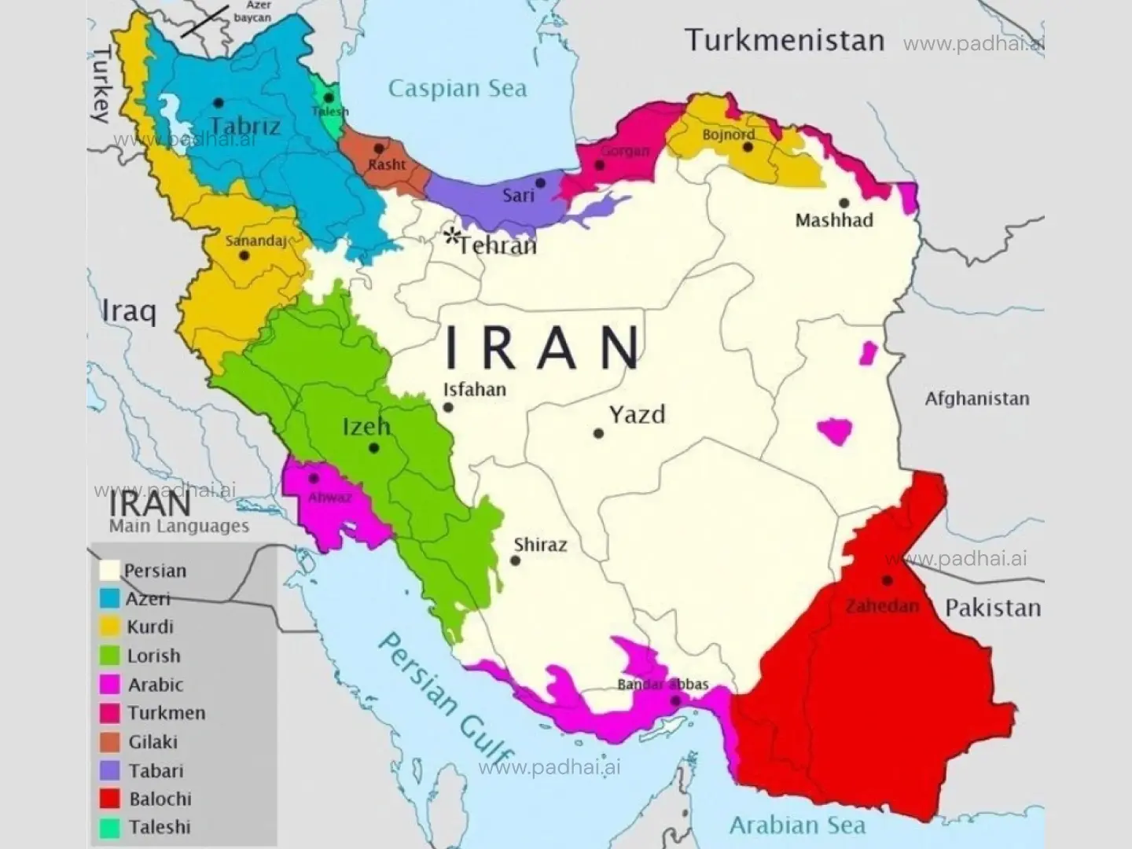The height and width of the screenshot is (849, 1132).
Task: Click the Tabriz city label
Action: coord(244,126)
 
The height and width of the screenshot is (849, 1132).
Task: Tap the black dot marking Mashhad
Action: coord(843,203)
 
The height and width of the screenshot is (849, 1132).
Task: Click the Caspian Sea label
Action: coord(458,88)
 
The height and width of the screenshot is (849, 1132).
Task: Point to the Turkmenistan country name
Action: coord(785,39)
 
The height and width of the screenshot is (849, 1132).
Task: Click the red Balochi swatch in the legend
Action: coord(110,799)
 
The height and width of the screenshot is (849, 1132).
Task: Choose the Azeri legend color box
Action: coord(110,598)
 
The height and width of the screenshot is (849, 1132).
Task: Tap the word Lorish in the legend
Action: coord(154,656)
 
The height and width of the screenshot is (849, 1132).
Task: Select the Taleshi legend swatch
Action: coord(110,827)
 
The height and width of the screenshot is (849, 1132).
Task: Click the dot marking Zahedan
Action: coord(887,580)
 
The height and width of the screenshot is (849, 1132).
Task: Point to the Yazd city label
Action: coord(637,414)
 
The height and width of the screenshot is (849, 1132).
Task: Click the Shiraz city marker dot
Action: coord(515,560)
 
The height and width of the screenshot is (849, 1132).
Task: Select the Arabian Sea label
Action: coord(797,825)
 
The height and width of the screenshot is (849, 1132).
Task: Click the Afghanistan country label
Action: coord(976,399)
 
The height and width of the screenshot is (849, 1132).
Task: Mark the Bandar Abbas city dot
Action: coord(675,700)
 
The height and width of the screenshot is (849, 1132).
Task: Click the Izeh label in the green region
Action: coord(366,427)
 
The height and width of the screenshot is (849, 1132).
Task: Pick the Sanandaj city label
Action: coord(255,241)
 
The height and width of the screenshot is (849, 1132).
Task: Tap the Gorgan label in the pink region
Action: coord(625,151)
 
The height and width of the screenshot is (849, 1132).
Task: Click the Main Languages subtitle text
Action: coord(179,526)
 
